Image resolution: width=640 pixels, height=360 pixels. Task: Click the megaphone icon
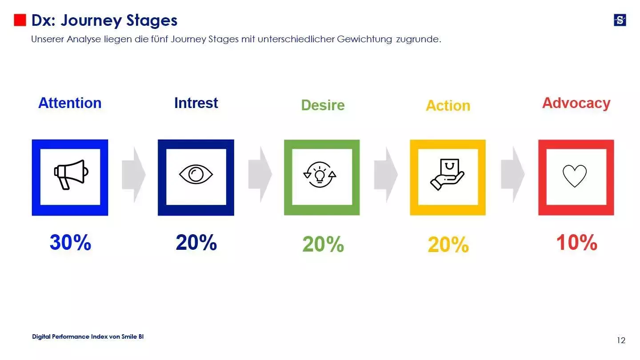coord(71,175)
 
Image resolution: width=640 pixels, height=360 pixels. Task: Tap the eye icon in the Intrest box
coord(196,174)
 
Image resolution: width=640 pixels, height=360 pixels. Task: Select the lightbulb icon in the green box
coord(320,175)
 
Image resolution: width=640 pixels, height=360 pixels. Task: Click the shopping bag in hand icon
coord(447,174)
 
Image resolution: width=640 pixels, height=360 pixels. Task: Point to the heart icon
coord(575,176)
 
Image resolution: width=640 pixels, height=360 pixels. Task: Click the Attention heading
coord(70,103)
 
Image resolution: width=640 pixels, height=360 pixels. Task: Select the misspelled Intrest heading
coord(196,103)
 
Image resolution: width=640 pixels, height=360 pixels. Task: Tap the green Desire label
coord(323,105)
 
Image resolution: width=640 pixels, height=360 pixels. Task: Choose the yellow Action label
coord(448,106)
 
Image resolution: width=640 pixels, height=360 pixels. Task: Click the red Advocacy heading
coord(576,103)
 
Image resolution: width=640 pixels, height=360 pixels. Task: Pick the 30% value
coord(70,243)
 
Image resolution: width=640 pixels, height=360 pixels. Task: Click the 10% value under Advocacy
coord(576,243)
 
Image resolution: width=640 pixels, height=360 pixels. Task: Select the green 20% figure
coord(323,244)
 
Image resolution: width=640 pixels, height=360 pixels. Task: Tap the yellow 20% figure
coord(448,245)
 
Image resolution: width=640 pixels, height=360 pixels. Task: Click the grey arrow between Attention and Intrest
coord(134,175)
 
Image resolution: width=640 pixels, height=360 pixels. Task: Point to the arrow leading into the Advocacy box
coord(512,175)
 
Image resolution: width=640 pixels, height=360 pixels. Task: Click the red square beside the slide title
coord(20,20)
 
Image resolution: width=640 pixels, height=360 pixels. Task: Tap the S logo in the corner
coord(620,20)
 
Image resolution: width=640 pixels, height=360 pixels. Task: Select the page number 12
coord(621,340)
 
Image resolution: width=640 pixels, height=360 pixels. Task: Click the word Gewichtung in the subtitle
coord(364,39)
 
